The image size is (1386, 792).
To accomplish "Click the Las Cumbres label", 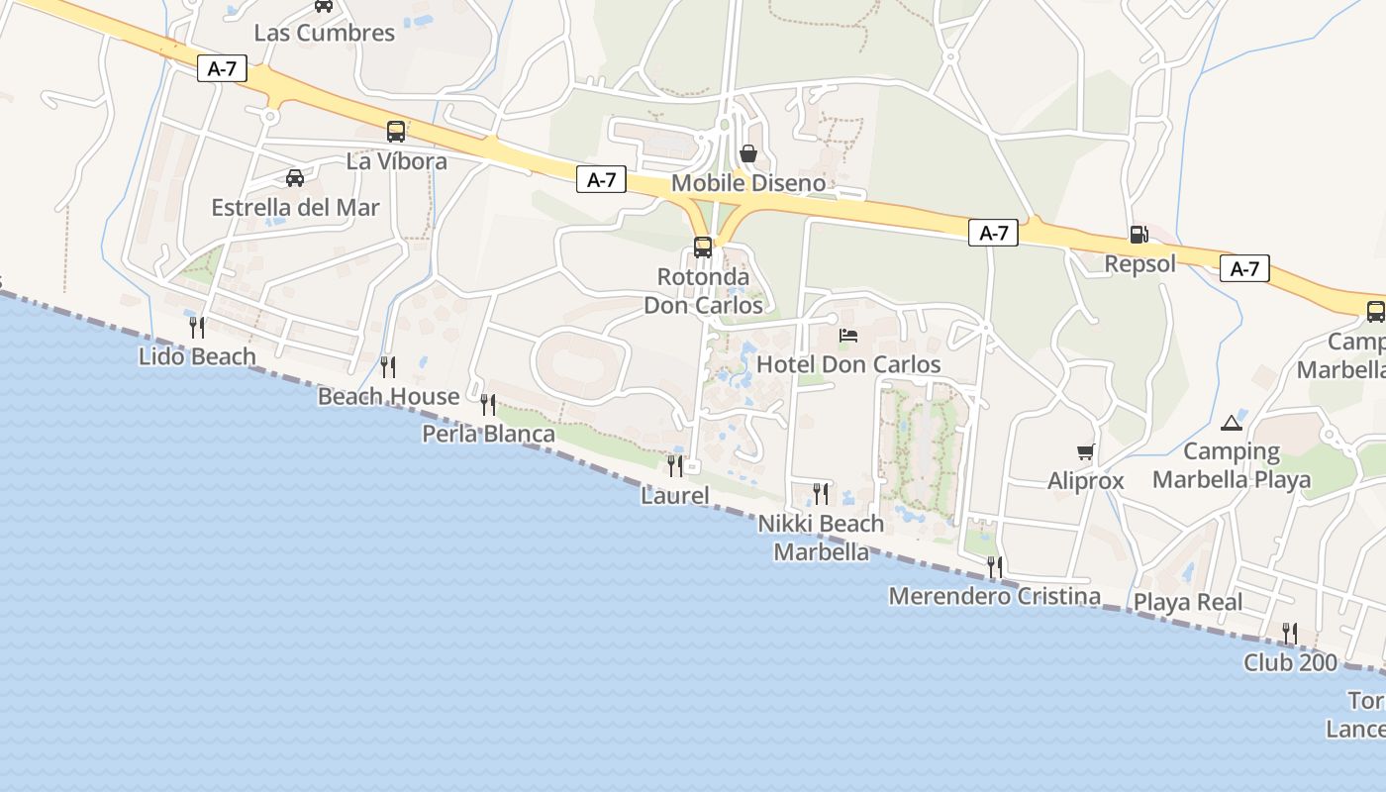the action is pos(324,33).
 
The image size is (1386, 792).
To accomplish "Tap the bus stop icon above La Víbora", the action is pos(396,131).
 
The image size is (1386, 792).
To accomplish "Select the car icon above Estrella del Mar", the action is pos(295,178).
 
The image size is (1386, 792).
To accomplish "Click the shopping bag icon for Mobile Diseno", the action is pos(748,153).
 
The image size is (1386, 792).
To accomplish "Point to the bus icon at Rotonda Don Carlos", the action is pos(703,247).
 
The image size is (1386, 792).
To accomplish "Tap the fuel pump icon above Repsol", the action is pos(1138,235).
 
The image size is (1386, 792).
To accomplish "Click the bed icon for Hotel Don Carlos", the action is pos(848,336).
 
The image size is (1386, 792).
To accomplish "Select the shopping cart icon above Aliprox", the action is pos(1086,452).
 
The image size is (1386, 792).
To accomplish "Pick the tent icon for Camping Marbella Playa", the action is pos(1232,424).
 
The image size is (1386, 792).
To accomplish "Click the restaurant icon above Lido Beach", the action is pos(197,326).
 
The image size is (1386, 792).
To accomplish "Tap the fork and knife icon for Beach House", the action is pos(388,366).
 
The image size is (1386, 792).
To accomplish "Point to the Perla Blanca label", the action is pos(488,434).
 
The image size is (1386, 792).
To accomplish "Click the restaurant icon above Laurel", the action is pos(675,464).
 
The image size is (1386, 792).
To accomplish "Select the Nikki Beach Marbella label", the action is pos(822,538).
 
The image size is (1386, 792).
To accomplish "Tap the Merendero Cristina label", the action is pos(994,596).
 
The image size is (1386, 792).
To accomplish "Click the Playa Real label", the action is pos(1187,602).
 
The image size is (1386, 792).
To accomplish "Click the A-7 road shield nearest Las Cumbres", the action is pos(221,69).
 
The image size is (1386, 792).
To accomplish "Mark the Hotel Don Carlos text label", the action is pos(848,364).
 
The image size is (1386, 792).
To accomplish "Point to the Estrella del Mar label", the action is pos(295,208).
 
